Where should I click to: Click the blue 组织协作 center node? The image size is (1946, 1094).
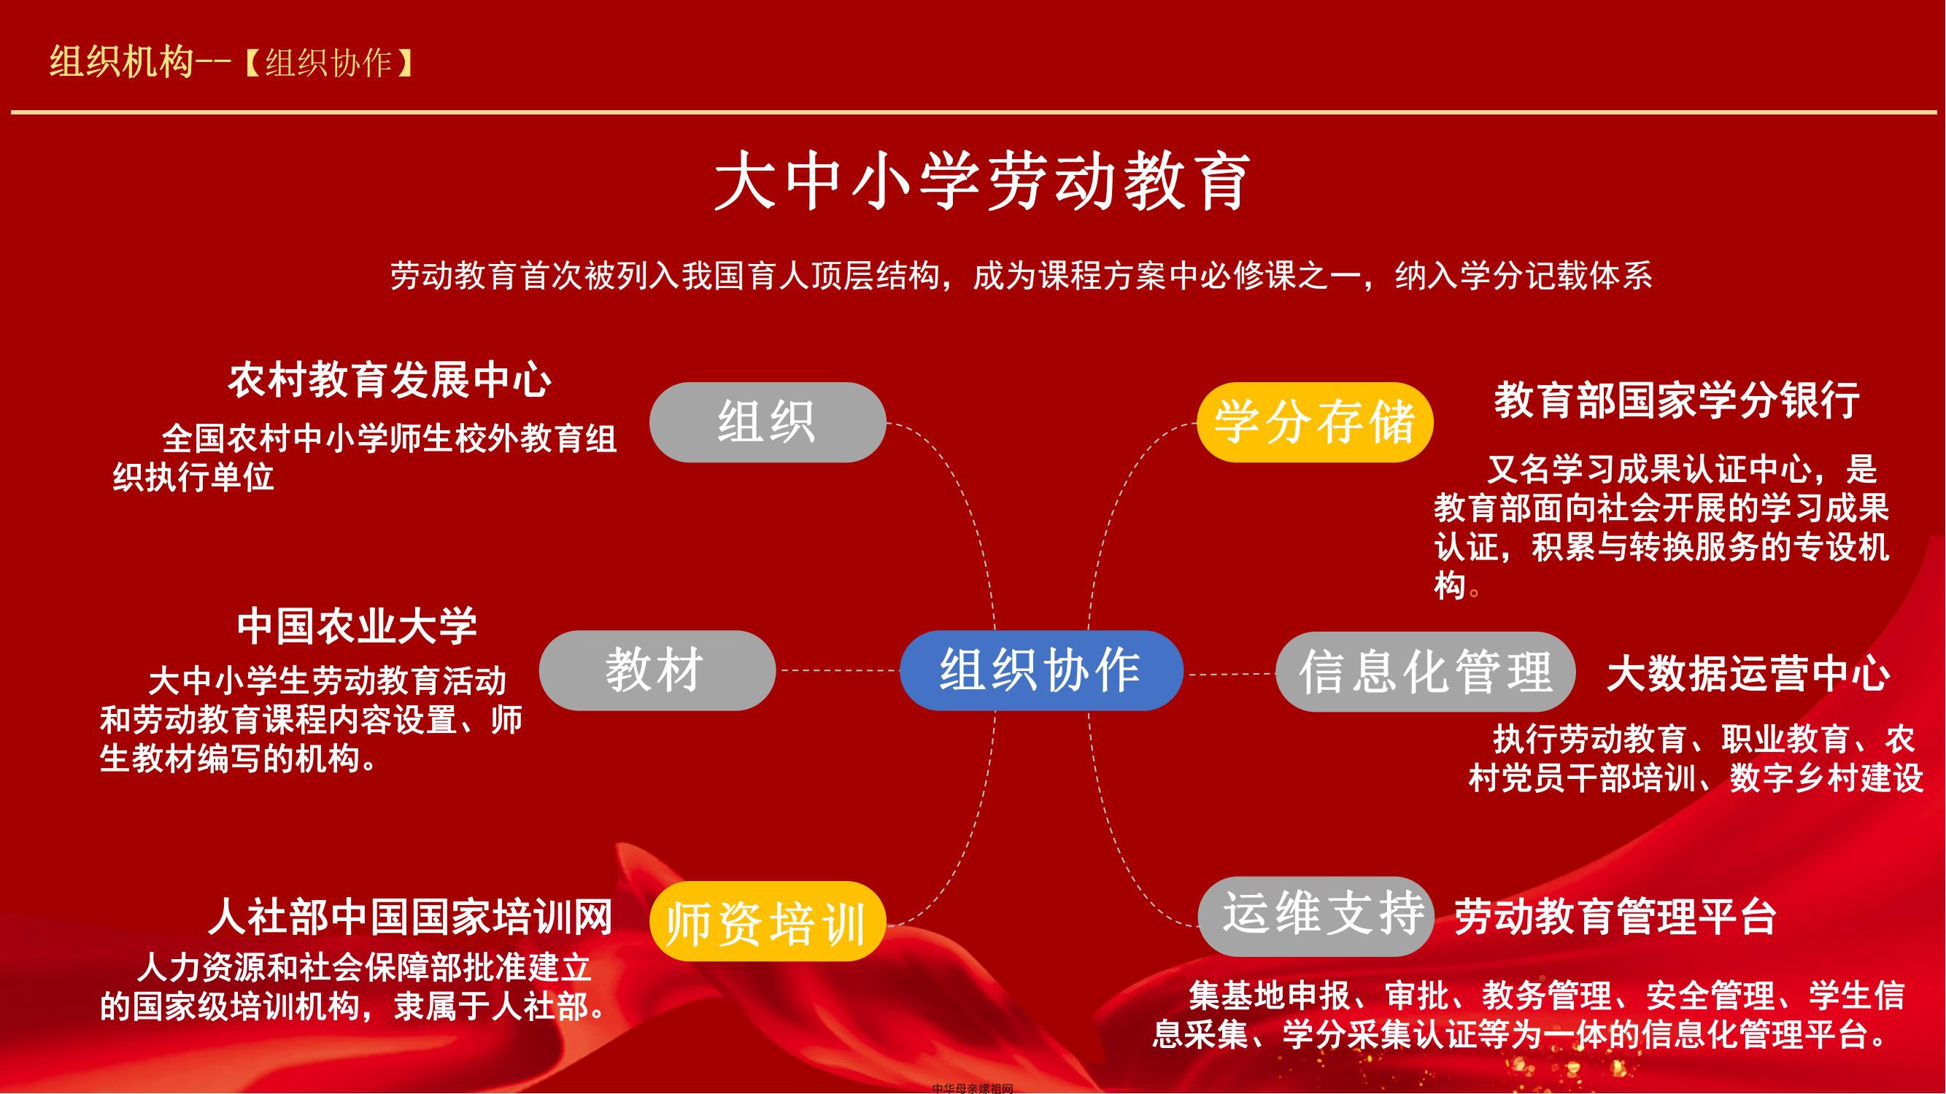pos(1041,670)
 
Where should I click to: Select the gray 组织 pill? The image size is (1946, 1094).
pos(768,422)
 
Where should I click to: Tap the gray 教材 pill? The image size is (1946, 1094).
pos(657,670)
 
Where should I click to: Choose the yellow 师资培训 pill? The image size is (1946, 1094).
pos(768,921)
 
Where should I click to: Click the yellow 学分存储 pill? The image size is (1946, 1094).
pos(1316,422)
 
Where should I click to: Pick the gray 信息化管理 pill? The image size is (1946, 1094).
pos(1426,672)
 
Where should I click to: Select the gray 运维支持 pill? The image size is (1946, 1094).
pos(1316,916)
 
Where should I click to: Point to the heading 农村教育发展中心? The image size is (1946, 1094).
pos(390,380)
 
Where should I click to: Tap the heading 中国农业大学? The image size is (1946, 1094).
pos(358,626)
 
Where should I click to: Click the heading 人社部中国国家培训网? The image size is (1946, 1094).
pos(410,917)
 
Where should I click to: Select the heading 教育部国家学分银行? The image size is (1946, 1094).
pos(1677,400)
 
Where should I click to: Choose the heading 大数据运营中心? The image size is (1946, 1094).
pos(1748,674)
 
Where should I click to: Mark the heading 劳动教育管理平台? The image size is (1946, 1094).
pos(1616,917)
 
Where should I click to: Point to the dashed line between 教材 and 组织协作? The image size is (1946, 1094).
pos(838,670)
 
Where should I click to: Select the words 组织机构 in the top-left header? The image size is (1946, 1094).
pos(122,62)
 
